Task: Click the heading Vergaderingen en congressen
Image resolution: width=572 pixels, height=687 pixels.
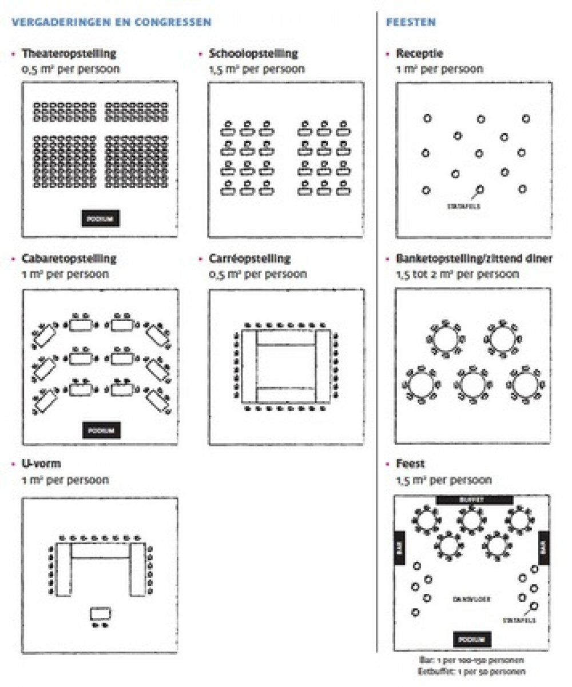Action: (111, 22)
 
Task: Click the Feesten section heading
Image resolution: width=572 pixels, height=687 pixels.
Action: (411, 22)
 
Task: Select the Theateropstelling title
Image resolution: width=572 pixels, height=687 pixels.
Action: (69, 54)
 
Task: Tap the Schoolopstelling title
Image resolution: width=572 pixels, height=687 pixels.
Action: (253, 54)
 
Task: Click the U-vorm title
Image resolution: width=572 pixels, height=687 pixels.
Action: (41, 464)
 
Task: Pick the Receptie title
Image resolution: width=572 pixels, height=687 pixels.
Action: (419, 54)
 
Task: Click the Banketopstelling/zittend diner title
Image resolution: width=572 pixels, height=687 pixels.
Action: (474, 258)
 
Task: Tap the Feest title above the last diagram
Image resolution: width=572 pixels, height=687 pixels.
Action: (410, 464)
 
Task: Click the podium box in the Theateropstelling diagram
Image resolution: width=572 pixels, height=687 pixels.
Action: (101, 219)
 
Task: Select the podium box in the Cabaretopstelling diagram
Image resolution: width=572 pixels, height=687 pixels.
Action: (101, 430)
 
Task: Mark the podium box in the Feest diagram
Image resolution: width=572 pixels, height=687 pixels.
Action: (472, 639)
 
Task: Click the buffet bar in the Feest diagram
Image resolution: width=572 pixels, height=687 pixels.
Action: (474, 500)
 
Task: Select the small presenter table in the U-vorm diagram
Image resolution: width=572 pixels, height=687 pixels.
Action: (101, 613)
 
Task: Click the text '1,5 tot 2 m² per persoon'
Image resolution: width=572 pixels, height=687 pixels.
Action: (458, 274)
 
